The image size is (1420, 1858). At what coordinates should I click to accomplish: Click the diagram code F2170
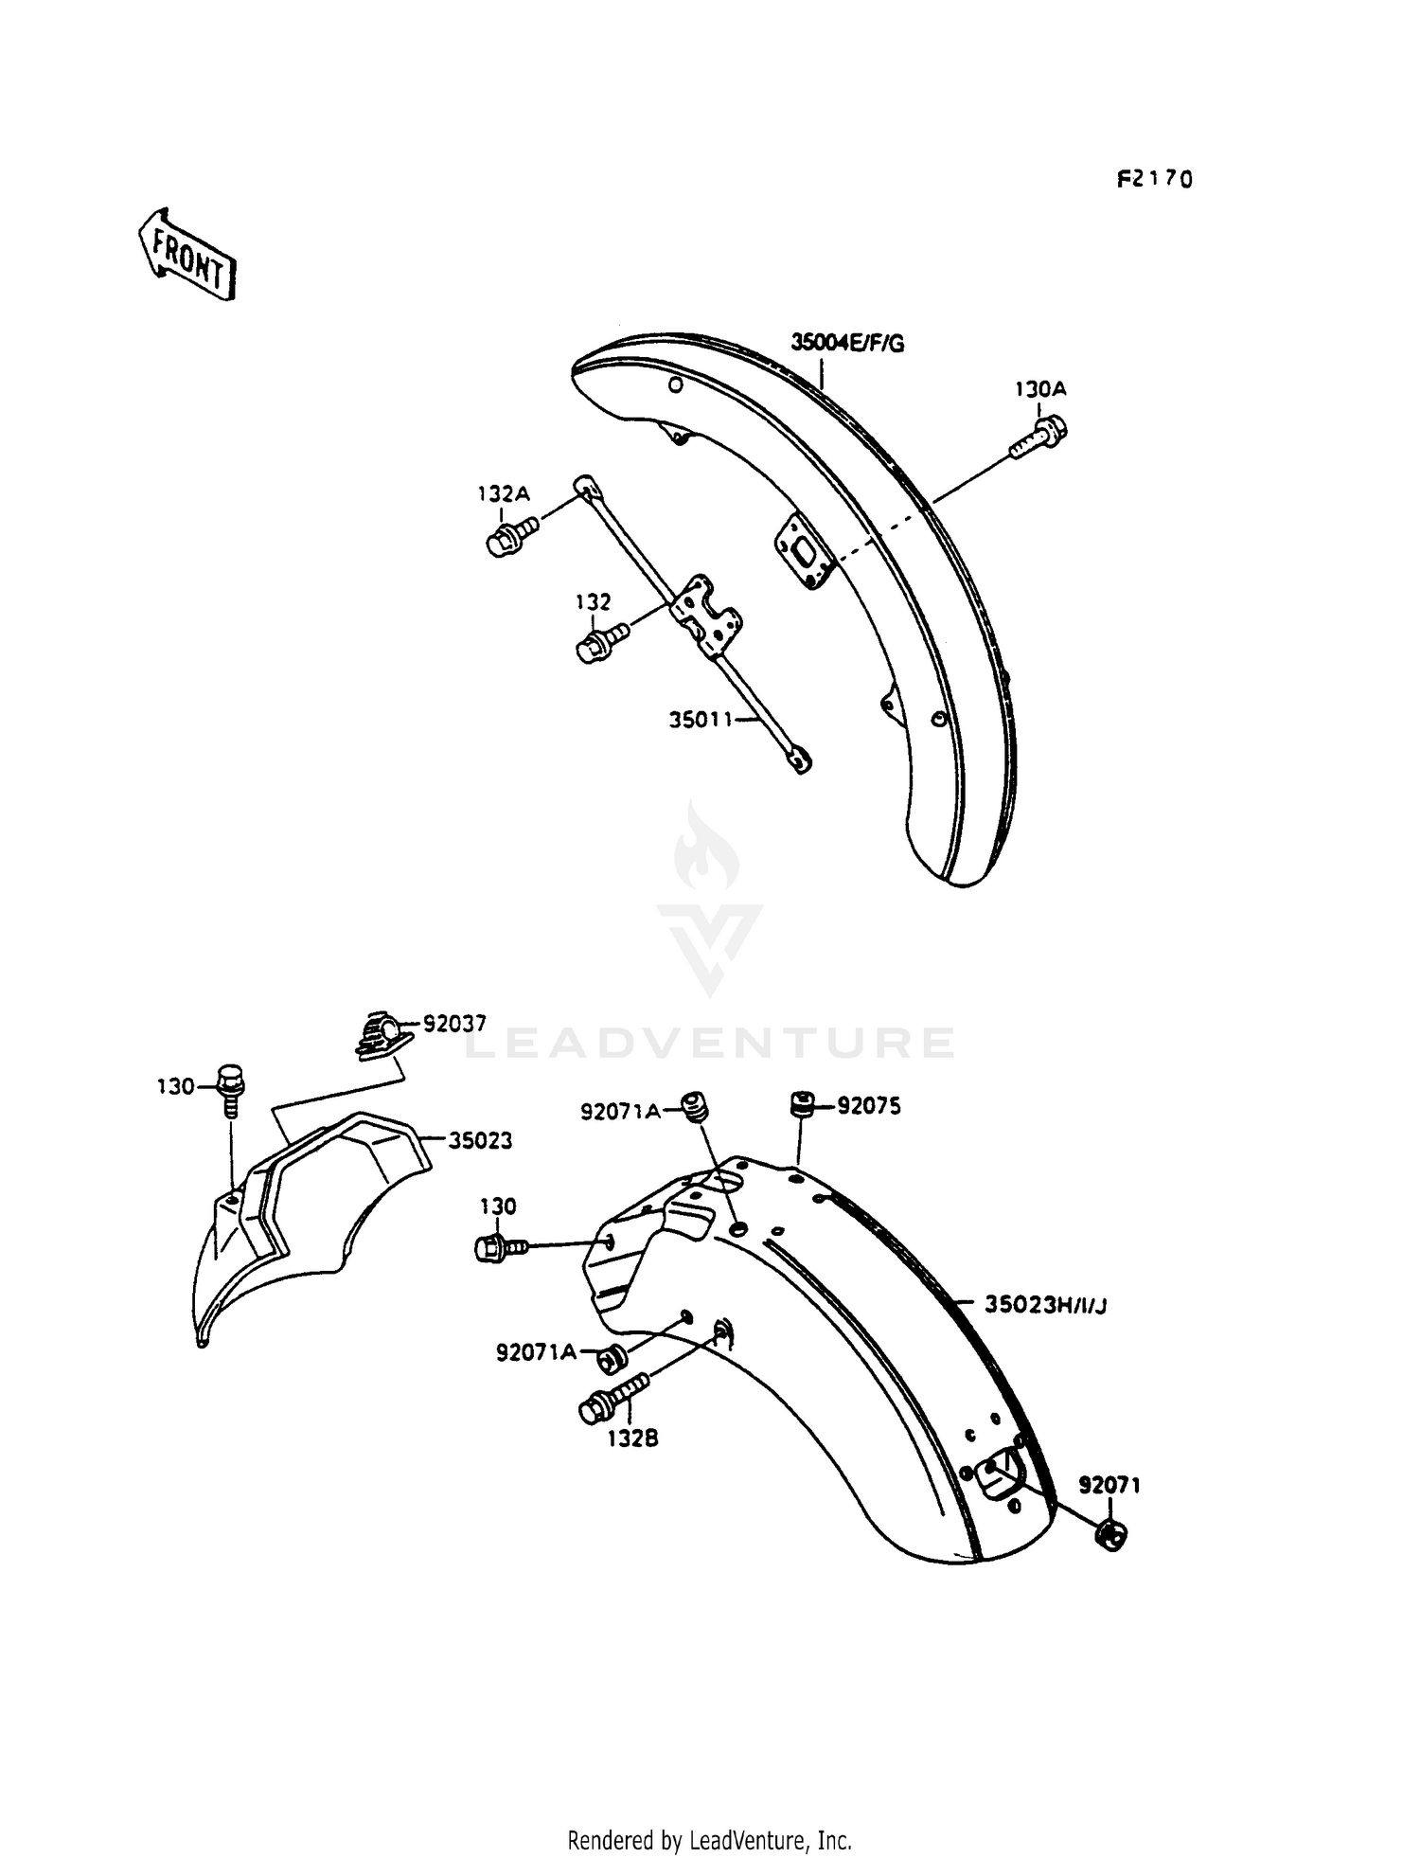pyautogui.click(x=1153, y=179)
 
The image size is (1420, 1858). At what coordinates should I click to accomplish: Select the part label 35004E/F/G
pyautogui.click(x=847, y=343)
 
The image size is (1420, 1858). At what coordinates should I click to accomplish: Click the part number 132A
pyautogui.click(x=503, y=493)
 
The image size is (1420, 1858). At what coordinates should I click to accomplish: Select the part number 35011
pyautogui.click(x=701, y=720)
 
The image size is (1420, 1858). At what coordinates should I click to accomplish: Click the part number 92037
pyautogui.click(x=454, y=1024)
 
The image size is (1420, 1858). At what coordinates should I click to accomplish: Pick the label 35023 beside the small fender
pyautogui.click(x=480, y=1141)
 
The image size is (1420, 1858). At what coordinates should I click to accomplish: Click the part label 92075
pyautogui.click(x=868, y=1106)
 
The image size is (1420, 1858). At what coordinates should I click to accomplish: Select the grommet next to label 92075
pyautogui.click(x=802, y=1104)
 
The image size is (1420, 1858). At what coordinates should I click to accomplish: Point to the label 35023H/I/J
pyautogui.click(x=1045, y=1305)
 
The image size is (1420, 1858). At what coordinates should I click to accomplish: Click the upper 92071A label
pyautogui.click(x=620, y=1112)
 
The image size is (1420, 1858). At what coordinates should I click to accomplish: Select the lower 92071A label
pyautogui.click(x=536, y=1352)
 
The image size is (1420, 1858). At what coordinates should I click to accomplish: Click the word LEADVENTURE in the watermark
pyautogui.click(x=710, y=1043)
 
